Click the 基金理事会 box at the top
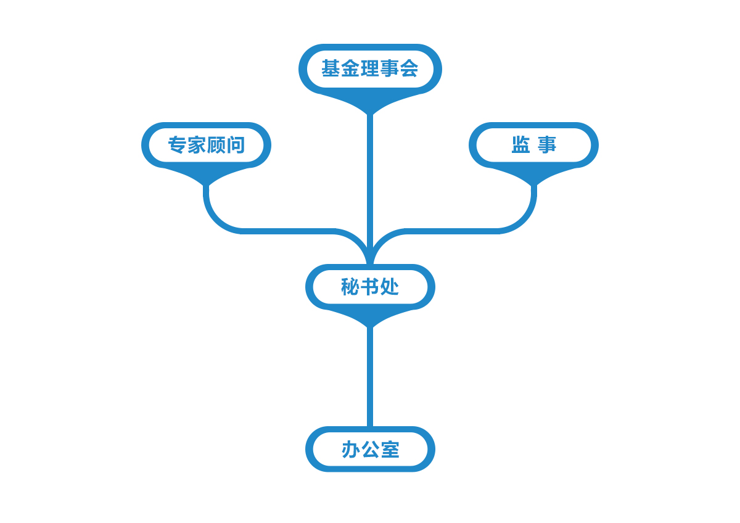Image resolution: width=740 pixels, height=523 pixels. [x=370, y=69]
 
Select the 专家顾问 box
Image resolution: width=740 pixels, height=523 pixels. [x=206, y=145]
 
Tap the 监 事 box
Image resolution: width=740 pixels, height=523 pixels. [x=533, y=145]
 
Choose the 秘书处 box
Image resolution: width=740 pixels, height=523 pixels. [x=370, y=287]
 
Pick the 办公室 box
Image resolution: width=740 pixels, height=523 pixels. [x=370, y=449]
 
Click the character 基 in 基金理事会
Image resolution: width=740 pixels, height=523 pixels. [x=331, y=68]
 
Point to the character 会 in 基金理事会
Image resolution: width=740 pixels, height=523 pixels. [x=409, y=68]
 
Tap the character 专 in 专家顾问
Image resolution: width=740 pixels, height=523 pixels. [x=177, y=145]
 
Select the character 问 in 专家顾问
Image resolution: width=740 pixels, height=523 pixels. [x=236, y=145]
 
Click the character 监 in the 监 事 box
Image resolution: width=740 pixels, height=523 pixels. [x=521, y=145]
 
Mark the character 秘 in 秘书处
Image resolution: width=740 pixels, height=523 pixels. [x=350, y=286]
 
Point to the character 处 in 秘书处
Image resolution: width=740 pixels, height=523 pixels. [x=390, y=286]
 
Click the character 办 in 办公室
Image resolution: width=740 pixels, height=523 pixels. [x=351, y=450]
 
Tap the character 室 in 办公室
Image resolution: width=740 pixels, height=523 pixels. [x=390, y=450]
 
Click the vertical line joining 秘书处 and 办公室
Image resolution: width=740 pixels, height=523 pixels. [x=370, y=377]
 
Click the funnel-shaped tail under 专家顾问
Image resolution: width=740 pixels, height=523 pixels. [x=206, y=175]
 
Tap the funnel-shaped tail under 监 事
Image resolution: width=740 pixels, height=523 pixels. [x=533, y=175]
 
